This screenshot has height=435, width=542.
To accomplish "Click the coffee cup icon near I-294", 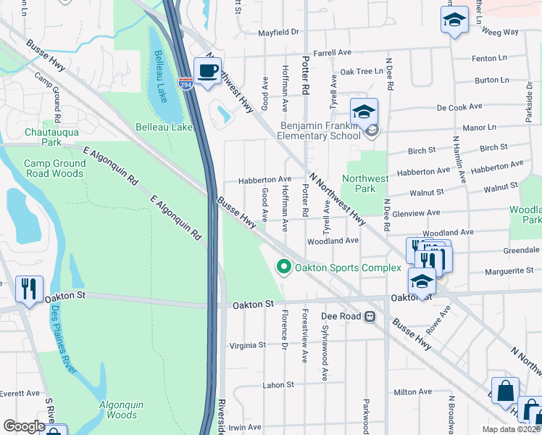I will click(208, 71).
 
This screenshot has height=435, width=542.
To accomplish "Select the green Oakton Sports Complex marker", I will click(284, 268).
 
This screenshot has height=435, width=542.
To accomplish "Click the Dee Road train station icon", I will click(370, 316).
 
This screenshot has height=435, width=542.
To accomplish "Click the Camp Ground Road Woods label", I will click(54, 168).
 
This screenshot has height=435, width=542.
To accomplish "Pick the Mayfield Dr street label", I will click(279, 33).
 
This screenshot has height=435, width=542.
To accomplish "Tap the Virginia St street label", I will click(247, 345).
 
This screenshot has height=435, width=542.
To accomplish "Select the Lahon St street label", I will click(278, 385).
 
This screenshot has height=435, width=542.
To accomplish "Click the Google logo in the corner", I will click(24, 426).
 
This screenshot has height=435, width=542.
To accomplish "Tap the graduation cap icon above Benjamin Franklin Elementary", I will click(364, 112).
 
